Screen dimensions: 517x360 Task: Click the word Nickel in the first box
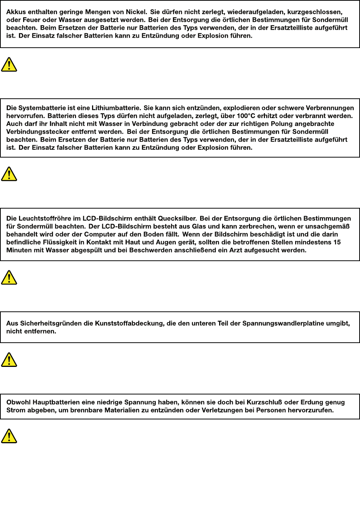coord(136,12)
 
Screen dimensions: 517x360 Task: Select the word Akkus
coord(16,12)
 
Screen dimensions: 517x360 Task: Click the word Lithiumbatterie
coord(116,108)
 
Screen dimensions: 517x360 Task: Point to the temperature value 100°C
coord(246,116)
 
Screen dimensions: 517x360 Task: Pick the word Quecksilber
coord(177,219)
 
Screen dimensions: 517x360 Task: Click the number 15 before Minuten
coord(337,242)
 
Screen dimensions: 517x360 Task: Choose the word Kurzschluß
coord(264,402)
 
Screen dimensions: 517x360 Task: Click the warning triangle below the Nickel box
coord(9,65)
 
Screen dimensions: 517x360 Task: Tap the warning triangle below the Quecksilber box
coord(9,278)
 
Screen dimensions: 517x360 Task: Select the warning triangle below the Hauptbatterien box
coord(9,436)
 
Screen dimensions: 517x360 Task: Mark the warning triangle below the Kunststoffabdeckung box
coord(9,360)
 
